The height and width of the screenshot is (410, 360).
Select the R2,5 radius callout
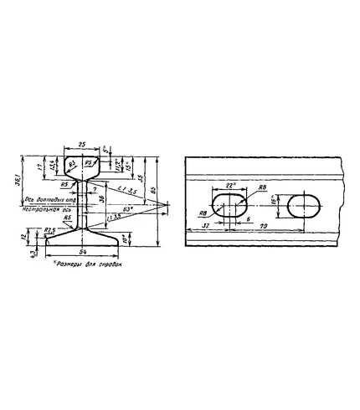(x=49, y=228)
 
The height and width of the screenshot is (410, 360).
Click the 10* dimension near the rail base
(x=122, y=239)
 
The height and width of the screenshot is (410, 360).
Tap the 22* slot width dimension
(x=231, y=186)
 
